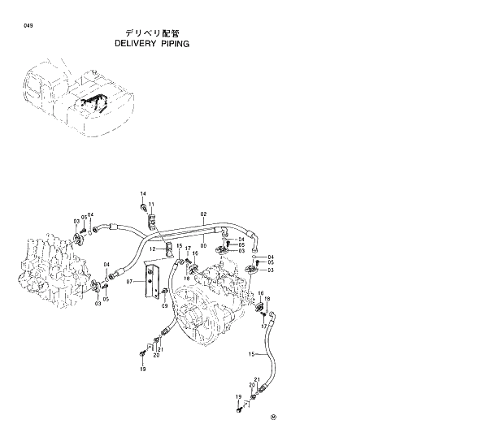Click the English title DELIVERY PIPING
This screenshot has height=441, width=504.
152,44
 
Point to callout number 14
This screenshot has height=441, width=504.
142,193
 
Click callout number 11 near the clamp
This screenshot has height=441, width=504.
151,204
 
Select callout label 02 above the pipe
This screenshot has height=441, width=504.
203,213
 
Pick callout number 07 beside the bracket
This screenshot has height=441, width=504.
128,283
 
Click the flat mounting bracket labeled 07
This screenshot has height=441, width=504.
150,280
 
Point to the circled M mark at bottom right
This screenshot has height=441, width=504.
274,418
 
